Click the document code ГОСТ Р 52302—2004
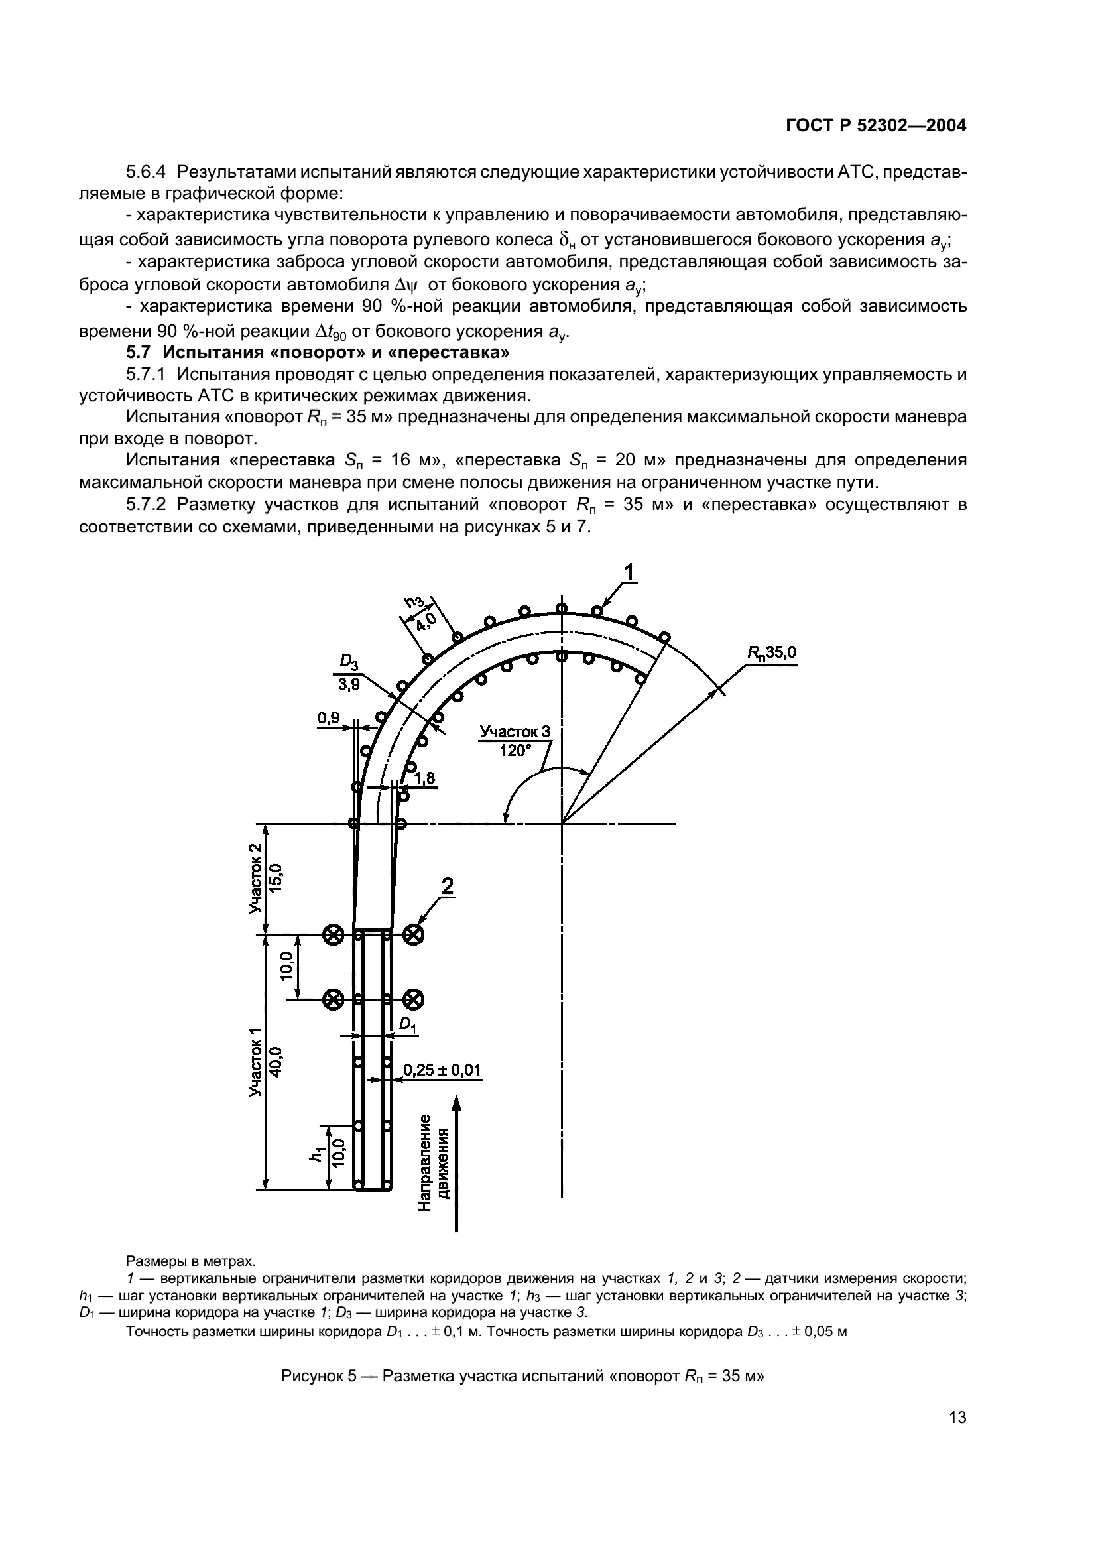pyautogui.click(x=876, y=125)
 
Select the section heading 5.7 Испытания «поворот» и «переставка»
pyautogui.click(x=318, y=353)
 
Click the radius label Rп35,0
pyautogui.click(x=771, y=652)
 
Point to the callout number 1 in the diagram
pyautogui.click(x=629, y=573)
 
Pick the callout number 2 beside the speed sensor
pyautogui.click(x=447, y=887)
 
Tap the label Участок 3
pyautogui.click(x=515, y=733)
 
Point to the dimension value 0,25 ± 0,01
pyautogui.click(x=442, y=1070)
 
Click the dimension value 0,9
pyautogui.click(x=329, y=718)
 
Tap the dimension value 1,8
pyautogui.click(x=425, y=779)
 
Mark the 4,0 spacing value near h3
pyautogui.click(x=426, y=621)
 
